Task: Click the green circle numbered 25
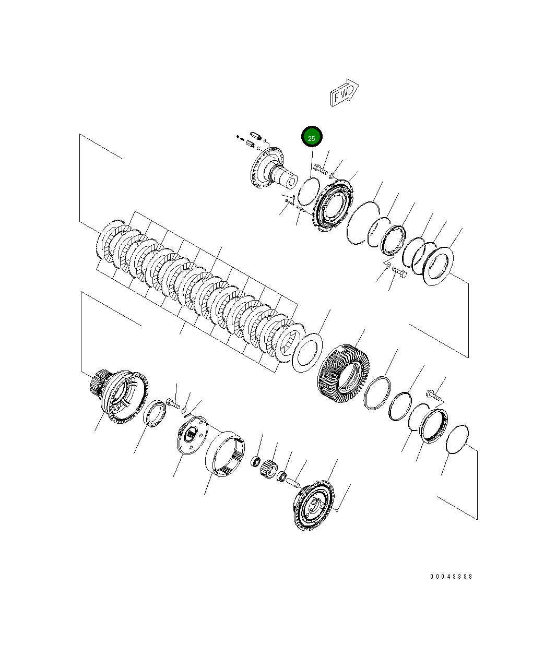(312, 138)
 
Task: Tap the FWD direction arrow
(344, 93)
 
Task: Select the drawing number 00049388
(451, 577)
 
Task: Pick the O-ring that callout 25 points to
(308, 191)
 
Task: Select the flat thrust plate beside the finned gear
(307, 352)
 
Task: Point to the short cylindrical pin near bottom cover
(291, 483)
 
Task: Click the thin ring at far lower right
(457, 439)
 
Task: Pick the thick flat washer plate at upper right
(440, 266)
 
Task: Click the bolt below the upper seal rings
(399, 272)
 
